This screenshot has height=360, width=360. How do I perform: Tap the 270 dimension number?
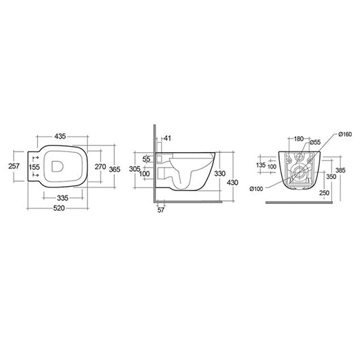[x=100, y=166]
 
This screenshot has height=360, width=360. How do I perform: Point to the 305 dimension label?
[x=134, y=169]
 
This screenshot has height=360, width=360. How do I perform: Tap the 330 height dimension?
[x=219, y=175]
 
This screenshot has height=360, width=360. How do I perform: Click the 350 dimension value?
[x=331, y=177]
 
